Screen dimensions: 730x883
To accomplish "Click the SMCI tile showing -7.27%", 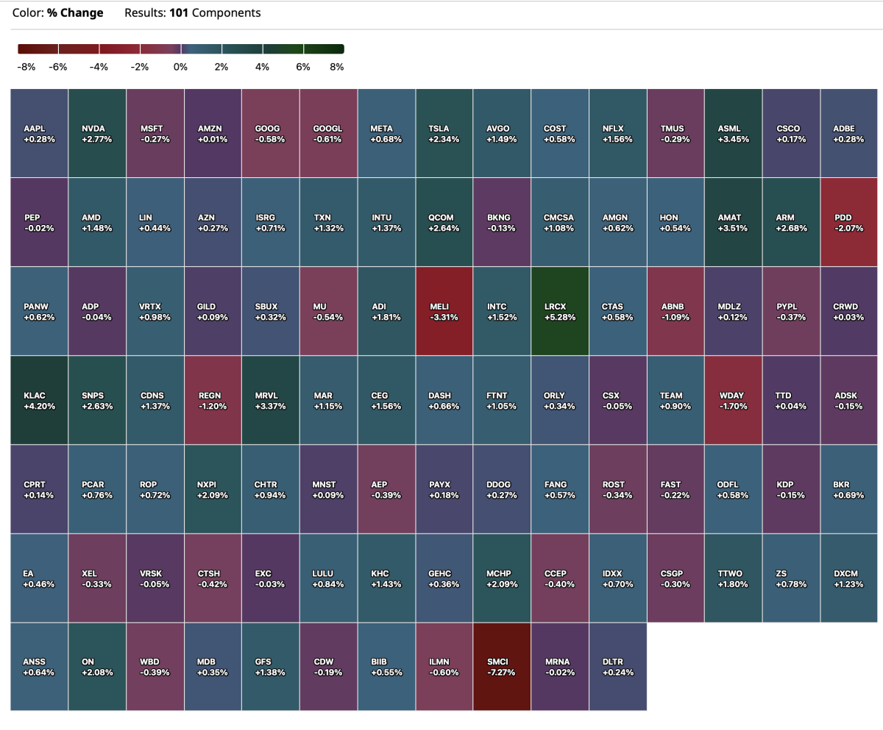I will coord(502,666).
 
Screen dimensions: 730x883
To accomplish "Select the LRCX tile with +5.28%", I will coord(560,312).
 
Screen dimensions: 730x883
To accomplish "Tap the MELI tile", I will coord(444,312).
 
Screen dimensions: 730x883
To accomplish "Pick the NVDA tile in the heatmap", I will coord(97,133).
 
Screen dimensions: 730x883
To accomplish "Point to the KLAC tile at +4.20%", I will coord(39,400).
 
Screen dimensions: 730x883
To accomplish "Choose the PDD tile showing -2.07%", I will coord(850,222).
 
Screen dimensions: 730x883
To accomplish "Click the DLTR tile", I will coord(617,666).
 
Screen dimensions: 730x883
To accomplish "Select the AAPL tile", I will coord(39,133).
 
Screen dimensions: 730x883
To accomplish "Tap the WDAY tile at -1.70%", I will coord(734,400).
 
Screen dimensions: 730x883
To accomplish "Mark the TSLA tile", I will coord(444,133).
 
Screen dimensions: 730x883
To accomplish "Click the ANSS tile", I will coord(39,666).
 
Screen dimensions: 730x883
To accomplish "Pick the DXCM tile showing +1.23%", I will coord(850,578).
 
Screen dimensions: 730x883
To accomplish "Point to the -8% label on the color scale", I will coord(26,67).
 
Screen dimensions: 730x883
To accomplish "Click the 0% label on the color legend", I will coord(180,67).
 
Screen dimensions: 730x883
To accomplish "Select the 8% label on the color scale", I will coord(337,67).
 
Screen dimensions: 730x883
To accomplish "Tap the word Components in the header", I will coord(227,13).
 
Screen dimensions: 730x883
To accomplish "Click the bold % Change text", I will coord(75,13).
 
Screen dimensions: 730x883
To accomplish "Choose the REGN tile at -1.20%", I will coord(213,400).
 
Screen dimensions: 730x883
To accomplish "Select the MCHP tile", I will coord(502,578).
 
